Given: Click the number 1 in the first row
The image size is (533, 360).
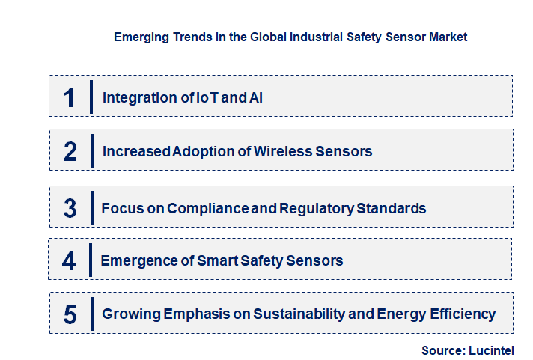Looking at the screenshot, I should pos(70,97).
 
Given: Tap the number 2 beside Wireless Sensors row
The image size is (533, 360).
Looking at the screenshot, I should pos(70,152).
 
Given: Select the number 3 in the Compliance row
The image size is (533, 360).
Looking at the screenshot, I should pos(70,208).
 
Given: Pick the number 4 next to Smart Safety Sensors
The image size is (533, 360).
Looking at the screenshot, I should pos(69,260).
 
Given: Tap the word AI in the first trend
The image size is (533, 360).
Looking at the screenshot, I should pos(255,97).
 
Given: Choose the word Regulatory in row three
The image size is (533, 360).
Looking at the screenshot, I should pos(317,208).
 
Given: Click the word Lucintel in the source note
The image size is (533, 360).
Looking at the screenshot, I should pos(493,350).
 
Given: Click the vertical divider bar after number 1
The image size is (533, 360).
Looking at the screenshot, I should pos(91,97).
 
